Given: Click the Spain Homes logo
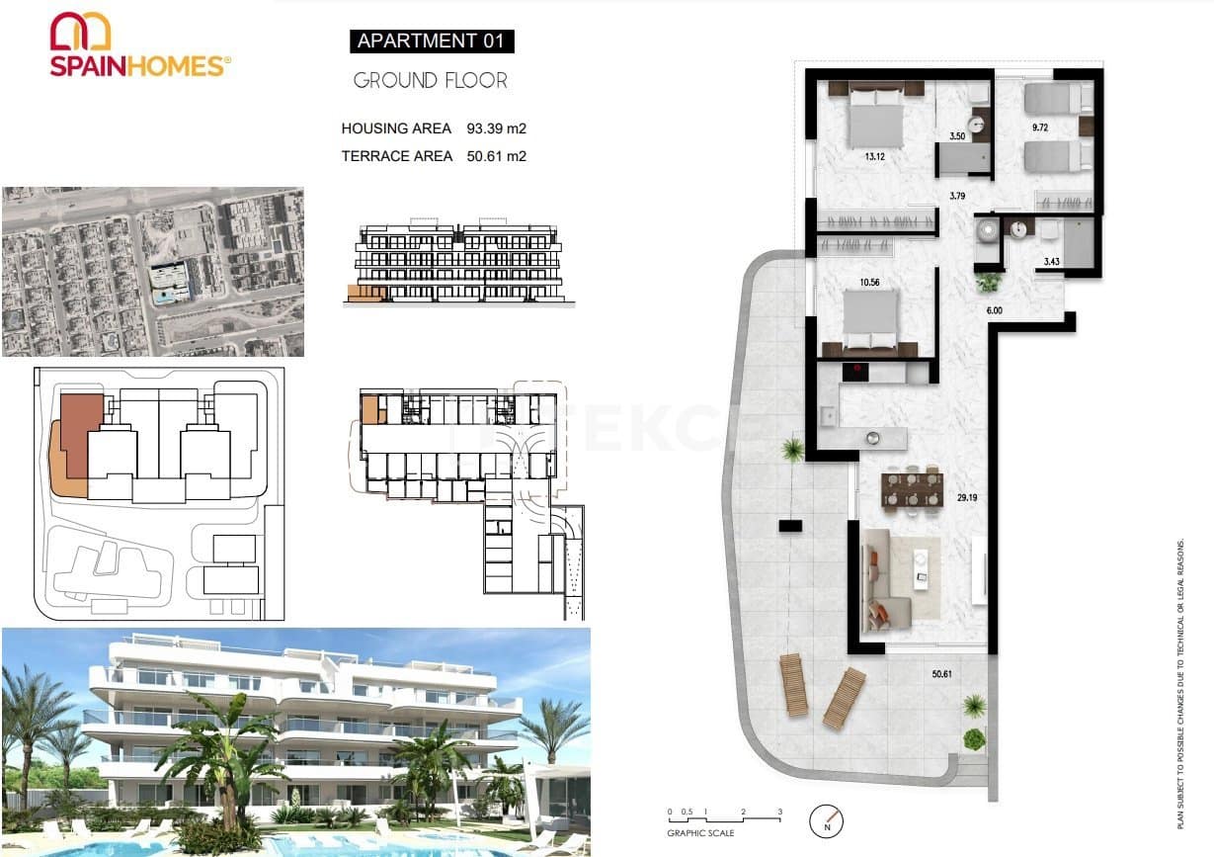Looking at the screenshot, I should (x=139, y=44).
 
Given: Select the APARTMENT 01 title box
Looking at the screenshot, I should (x=431, y=42).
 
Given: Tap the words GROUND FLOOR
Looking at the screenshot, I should (x=430, y=81).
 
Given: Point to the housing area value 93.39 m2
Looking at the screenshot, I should (x=496, y=129).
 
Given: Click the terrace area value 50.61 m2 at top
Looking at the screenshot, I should (x=496, y=156).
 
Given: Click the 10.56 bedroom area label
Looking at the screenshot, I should (x=869, y=283).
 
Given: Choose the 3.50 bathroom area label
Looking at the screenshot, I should (x=956, y=136).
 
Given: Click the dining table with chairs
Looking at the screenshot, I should (x=912, y=489).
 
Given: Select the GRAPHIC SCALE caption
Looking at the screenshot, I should (x=700, y=833).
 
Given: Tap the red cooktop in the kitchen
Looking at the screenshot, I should (x=855, y=372).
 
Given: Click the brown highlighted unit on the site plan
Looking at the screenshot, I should (x=81, y=435).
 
